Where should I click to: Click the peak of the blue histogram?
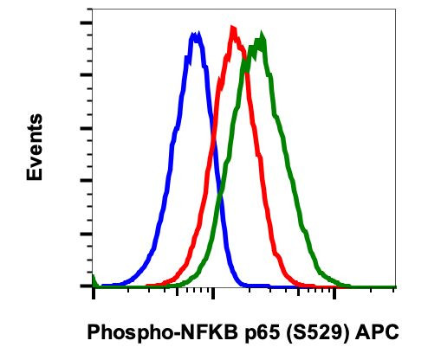click(x=196, y=35)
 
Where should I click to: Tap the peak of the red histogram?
click(x=232, y=29)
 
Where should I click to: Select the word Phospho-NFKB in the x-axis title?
click(x=150, y=333)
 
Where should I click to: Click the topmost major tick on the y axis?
click(x=87, y=22)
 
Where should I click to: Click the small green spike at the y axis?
click(x=94, y=277)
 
